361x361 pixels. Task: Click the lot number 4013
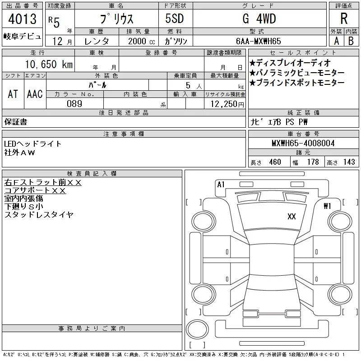coord(22,19)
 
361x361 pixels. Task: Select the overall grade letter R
coord(343,19)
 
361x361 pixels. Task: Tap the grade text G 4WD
coord(259,19)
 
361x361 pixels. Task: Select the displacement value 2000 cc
coord(141,41)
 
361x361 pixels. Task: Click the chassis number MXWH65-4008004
coord(303,143)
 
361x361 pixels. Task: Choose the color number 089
coord(74,104)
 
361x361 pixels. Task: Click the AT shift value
coord(13,94)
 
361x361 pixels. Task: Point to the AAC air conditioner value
coord(35,94)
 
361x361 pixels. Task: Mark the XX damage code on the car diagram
coord(292,217)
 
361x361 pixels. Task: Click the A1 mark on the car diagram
coord(221,184)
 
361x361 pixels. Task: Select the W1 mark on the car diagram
coord(328,206)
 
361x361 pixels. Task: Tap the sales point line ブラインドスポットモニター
coord(297,83)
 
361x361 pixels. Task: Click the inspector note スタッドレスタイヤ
coord(39,215)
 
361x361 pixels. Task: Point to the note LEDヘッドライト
coord(33,143)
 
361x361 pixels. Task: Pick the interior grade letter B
coord(350,41)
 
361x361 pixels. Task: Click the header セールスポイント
coord(303,52)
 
